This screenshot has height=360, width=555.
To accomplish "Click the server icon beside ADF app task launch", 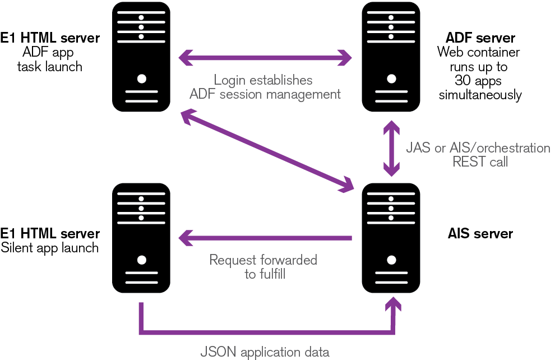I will click(141, 56).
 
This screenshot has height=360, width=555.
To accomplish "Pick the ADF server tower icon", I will click(391, 56).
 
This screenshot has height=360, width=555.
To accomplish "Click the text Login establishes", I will click(263, 80).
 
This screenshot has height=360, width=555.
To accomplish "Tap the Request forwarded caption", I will click(263, 260).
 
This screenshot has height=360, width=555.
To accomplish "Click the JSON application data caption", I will click(265, 353).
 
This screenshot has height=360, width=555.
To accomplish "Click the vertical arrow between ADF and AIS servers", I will click(391, 147).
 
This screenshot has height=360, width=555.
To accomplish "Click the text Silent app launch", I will click(50, 247).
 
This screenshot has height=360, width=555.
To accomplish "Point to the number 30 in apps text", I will click(459, 81).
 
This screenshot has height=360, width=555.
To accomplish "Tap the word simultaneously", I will click(480, 95).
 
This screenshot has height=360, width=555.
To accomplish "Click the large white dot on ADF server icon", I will click(391, 78).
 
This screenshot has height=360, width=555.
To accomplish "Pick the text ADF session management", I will click(265, 94).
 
